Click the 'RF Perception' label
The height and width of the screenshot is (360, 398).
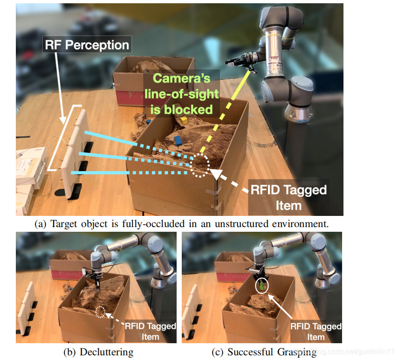pos(87,45)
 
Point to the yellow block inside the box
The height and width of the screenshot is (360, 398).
pos(184,120)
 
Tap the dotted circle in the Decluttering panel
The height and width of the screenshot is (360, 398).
pos(100,312)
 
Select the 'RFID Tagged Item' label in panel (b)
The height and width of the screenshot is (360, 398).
pos(150,331)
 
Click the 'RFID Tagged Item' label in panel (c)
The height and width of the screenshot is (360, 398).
pos(316,331)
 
